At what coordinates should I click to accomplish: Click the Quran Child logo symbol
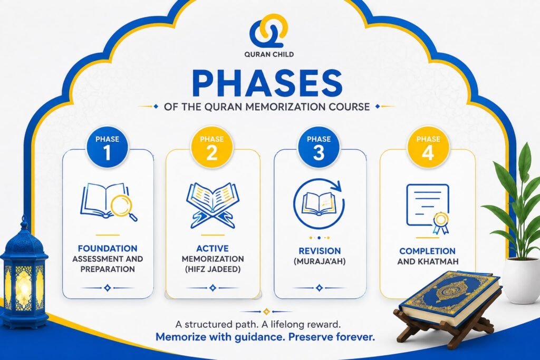click(x=268, y=31)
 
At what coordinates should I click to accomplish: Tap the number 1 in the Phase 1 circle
click(x=108, y=152)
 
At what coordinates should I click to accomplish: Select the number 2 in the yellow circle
click(x=212, y=152)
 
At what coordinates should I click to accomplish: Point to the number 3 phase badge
click(x=319, y=148)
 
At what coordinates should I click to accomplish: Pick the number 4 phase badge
click(x=428, y=148)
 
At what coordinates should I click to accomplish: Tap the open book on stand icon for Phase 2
click(x=213, y=205)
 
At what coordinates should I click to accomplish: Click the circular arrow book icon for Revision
click(x=319, y=204)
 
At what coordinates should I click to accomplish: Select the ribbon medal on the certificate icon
click(x=441, y=223)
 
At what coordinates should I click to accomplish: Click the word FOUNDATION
click(x=108, y=248)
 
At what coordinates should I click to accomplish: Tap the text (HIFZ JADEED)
click(x=213, y=269)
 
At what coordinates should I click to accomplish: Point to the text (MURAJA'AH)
click(x=320, y=261)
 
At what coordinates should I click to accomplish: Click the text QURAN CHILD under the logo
click(x=269, y=54)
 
